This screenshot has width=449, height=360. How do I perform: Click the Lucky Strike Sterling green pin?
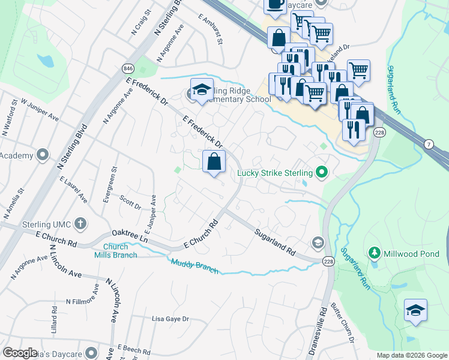[322, 173]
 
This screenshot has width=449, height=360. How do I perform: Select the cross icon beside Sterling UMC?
[80, 224]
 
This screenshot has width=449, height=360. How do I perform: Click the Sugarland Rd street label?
[275, 241]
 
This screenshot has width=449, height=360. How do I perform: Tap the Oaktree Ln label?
[130, 236]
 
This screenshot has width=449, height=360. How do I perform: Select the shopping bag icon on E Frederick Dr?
[214, 161]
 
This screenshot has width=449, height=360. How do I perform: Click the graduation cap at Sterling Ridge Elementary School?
[202, 89]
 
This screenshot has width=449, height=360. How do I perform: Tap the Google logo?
[20, 352]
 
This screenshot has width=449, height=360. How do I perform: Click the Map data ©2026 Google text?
[411, 355]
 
